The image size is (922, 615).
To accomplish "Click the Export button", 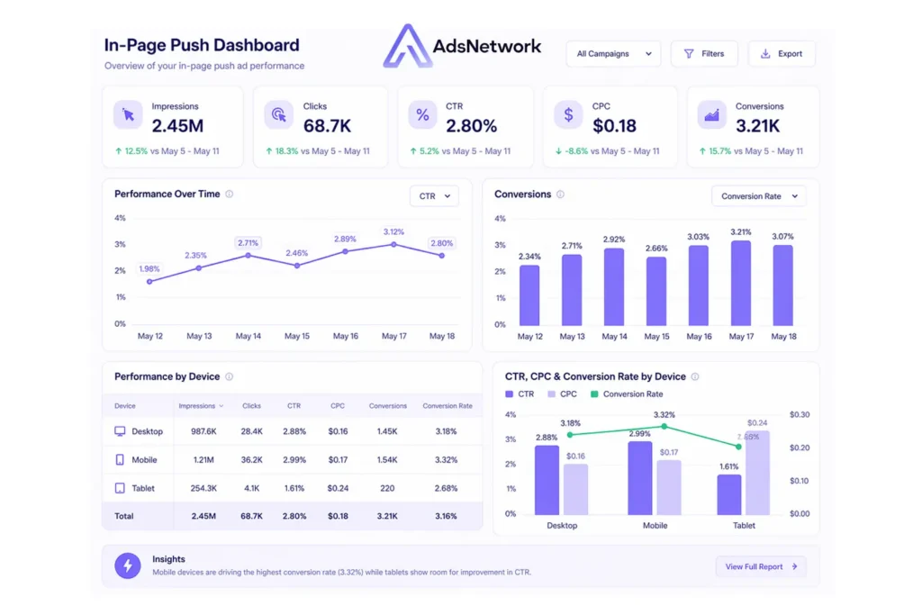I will pyautogui.click(x=782, y=54).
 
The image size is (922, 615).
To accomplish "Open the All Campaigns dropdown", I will pyautogui.click(x=613, y=54).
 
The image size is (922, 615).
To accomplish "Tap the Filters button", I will pyautogui.click(x=703, y=54).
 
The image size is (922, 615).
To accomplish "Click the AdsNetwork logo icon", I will pyautogui.click(x=407, y=46).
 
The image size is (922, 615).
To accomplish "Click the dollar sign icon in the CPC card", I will pyautogui.click(x=568, y=114).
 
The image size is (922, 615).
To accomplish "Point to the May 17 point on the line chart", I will pyautogui.click(x=393, y=244).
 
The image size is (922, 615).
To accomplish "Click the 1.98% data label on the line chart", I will pyautogui.click(x=149, y=268).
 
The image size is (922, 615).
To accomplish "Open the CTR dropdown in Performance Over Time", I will pyautogui.click(x=434, y=195).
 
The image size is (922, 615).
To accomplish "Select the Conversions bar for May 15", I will pyautogui.click(x=656, y=291).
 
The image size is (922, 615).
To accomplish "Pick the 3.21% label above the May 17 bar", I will pyautogui.click(x=741, y=232).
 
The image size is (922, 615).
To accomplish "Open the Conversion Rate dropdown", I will pyautogui.click(x=759, y=195).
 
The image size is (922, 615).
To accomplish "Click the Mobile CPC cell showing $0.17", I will pyautogui.click(x=338, y=460).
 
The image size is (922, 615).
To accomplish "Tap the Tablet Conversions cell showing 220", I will pyautogui.click(x=388, y=488).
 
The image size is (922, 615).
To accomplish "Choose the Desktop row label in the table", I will pyautogui.click(x=147, y=431).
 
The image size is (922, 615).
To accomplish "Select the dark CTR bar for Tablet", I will pyautogui.click(x=729, y=494).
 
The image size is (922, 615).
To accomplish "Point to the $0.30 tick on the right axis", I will pyautogui.click(x=800, y=414).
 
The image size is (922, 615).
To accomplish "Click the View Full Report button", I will pyautogui.click(x=761, y=566).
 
